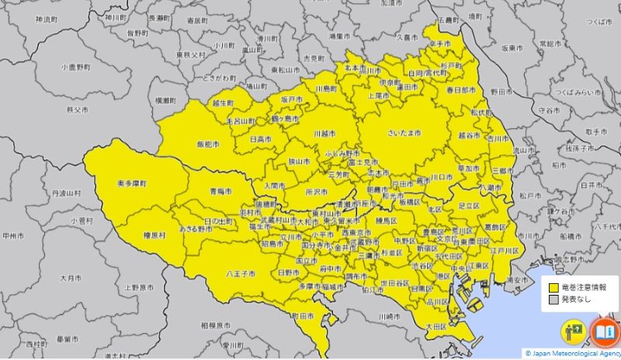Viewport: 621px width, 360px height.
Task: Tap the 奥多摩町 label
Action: (x=131, y=182)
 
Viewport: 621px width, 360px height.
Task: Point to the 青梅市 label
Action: (x=220, y=190)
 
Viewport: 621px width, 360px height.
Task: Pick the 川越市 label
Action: (x=324, y=133)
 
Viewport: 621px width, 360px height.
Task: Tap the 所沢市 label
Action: (x=316, y=190)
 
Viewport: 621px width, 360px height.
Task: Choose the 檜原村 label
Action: (x=154, y=235)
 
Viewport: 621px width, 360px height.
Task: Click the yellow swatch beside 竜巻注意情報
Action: (x=552, y=287)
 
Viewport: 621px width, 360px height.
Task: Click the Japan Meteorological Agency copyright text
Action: (x=573, y=354)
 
